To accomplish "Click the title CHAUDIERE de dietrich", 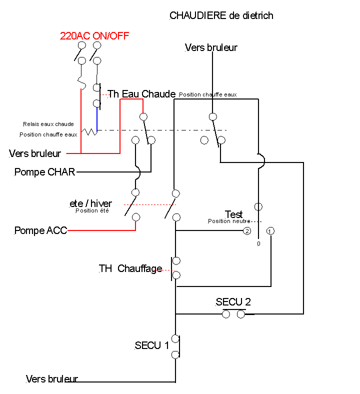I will (221, 15).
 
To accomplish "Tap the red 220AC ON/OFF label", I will (94, 35).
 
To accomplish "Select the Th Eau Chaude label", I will (141, 94).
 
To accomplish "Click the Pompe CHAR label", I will (44, 172).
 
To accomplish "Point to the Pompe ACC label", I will (40, 230).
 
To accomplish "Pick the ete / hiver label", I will (91, 203).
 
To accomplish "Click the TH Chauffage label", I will (130, 268).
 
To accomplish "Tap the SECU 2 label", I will (233, 302).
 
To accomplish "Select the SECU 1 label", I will (152, 345).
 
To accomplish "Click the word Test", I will (233, 214).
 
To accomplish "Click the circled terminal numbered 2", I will (246, 231).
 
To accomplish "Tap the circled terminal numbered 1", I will (270, 231).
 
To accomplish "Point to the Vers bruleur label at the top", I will (211, 48).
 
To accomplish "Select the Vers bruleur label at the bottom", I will (52, 379).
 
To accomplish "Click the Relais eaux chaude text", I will (48, 124).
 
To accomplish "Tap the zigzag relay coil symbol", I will (89, 131).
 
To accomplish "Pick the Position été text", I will (92, 210).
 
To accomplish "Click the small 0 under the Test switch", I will (258, 243).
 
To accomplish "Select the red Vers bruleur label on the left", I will (35, 153).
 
